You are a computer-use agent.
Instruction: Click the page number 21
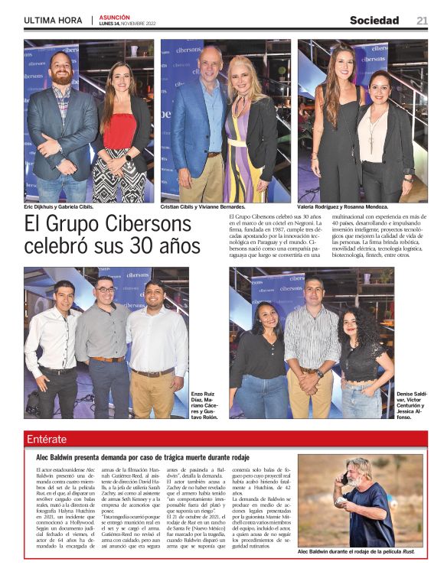422,21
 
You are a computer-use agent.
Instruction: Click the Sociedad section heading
374,21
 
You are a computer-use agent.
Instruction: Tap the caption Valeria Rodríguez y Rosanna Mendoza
343,207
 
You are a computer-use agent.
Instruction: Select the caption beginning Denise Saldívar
412,405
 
